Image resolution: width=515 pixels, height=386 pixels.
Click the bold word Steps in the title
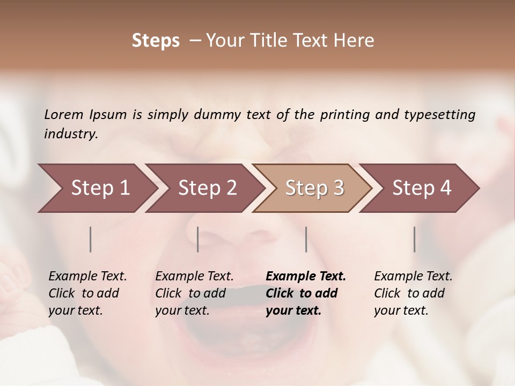pyautogui.click(x=156, y=41)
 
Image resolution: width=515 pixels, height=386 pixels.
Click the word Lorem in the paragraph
pyautogui.click(x=63, y=114)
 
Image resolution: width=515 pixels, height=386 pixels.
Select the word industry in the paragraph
pyautogui.click(x=71, y=134)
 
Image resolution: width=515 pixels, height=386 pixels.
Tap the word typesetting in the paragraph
pyautogui.click(x=439, y=114)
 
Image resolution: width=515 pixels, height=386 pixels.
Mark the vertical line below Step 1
pyautogui.click(x=91, y=239)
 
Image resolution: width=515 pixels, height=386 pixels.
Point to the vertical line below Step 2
pyautogui.click(x=198, y=239)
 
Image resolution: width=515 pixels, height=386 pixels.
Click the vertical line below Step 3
pyautogui.click(x=306, y=239)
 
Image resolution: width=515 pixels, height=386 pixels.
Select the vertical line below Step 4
pyautogui.click(x=414, y=239)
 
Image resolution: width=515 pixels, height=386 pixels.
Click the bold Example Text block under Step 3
pyautogui.click(x=306, y=293)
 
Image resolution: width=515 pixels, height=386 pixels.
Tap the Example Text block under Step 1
pyautogui.click(x=87, y=293)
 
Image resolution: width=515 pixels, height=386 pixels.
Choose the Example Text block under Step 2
pyautogui.click(x=194, y=293)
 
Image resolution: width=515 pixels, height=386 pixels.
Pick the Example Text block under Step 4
pyautogui.click(x=413, y=293)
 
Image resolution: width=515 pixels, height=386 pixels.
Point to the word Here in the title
pyautogui.click(x=356, y=41)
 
